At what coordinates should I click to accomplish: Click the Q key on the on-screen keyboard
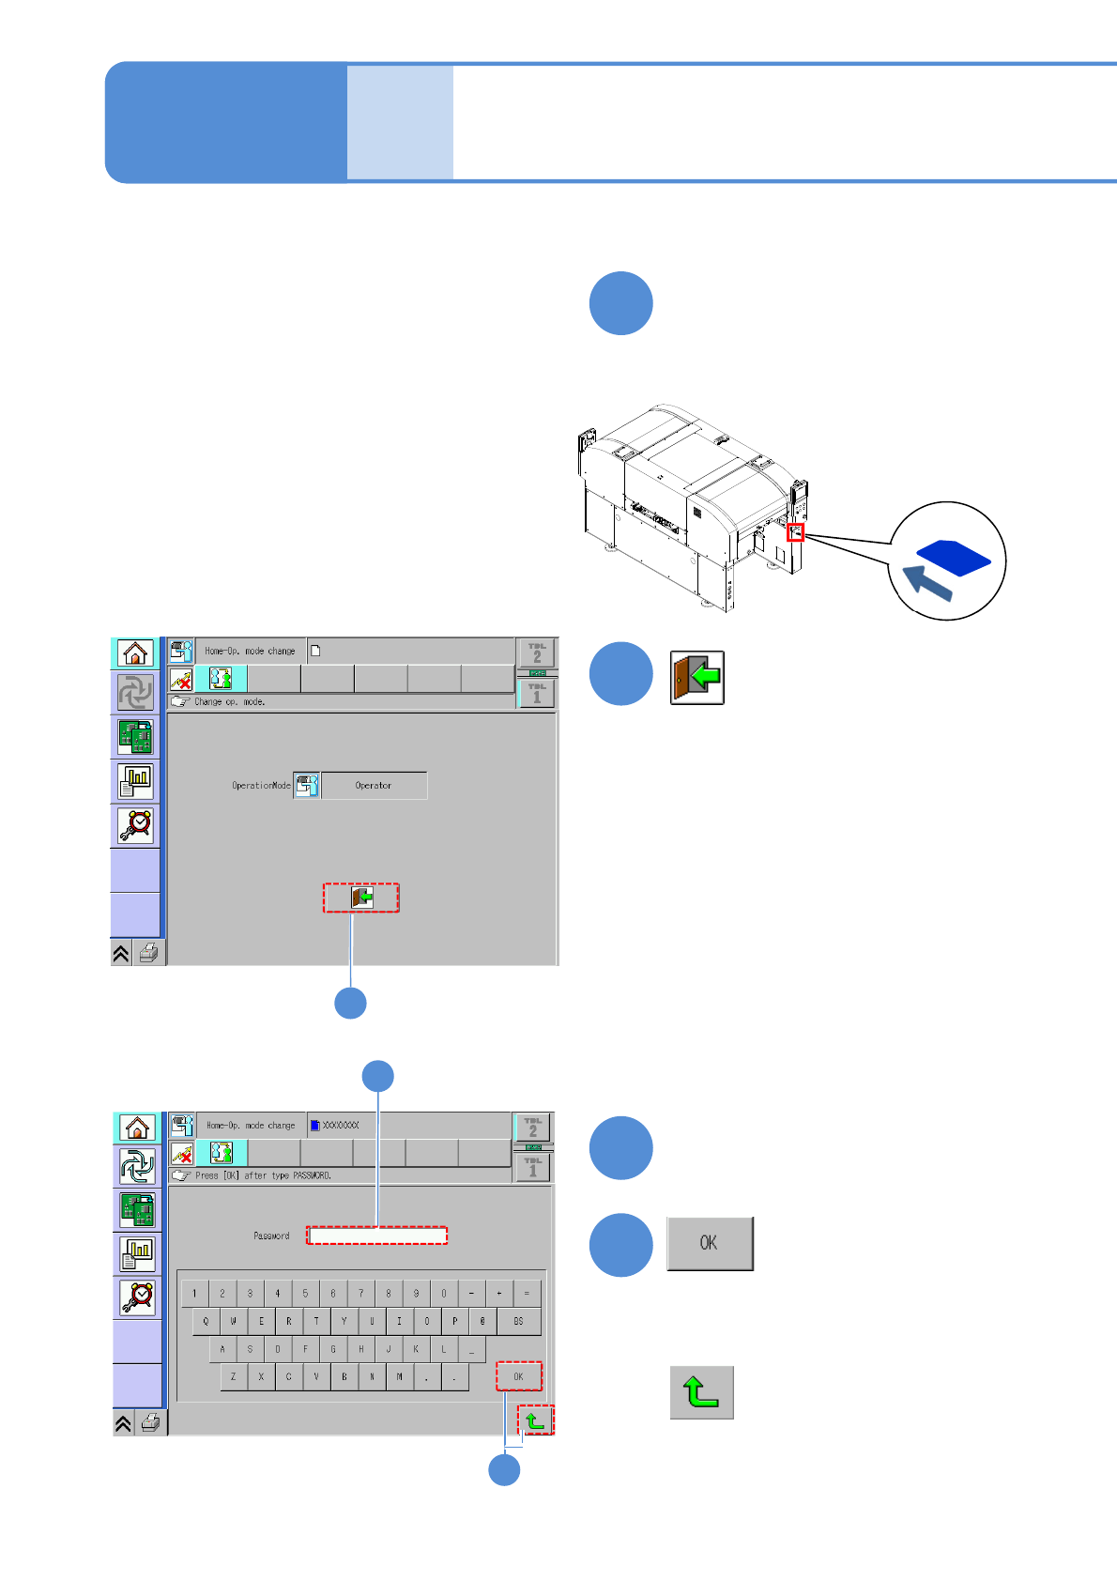(x=206, y=1321)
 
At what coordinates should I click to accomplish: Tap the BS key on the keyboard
(x=518, y=1321)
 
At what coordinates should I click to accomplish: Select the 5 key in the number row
(x=305, y=1294)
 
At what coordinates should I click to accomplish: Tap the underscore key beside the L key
(x=471, y=1349)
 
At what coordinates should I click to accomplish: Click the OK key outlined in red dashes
(x=518, y=1376)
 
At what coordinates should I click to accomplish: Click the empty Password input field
(x=376, y=1236)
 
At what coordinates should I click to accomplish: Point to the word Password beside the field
(x=271, y=1236)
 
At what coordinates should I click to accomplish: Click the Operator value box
(x=374, y=786)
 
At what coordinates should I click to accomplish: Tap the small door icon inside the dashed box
(x=362, y=898)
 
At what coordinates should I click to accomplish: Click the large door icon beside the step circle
(x=697, y=677)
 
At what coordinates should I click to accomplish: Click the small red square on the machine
(x=795, y=532)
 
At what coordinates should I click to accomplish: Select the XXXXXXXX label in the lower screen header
(x=340, y=1125)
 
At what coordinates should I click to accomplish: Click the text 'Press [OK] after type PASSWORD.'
(x=263, y=1175)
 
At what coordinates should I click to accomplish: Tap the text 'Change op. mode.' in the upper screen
(x=229, y=701)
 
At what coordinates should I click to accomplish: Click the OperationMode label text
(x=261, y=786)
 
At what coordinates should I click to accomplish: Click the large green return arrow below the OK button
(x=701, y=1392)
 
